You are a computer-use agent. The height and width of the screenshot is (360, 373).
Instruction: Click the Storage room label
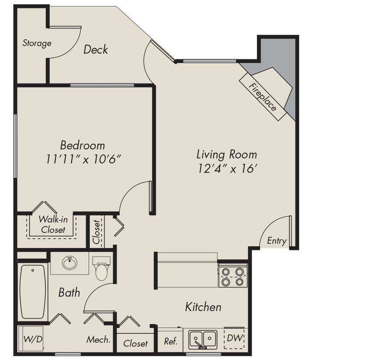coord(37,43)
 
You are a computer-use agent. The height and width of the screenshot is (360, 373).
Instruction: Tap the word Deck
coord(96,49)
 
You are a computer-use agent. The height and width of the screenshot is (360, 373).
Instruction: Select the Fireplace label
coord(262,97)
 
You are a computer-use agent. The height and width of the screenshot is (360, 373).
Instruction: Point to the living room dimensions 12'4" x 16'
coord(227,168)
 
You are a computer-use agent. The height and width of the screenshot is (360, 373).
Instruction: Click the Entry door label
coord(277,241)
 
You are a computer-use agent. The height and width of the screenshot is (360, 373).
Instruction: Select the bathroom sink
coord(70,262)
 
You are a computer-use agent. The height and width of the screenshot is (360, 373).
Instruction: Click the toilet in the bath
coord(102,268)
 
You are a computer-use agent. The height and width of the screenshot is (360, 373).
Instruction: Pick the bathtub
coord(33,291)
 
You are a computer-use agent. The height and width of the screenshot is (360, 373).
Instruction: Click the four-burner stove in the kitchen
coord(233,276)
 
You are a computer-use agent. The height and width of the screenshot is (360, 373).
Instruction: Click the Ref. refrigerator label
coord(171,342)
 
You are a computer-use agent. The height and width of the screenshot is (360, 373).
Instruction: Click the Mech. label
coord(99,340)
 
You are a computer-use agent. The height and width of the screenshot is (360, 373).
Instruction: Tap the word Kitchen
coord(203,307)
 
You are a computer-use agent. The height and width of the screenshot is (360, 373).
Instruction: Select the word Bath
coord(69,293)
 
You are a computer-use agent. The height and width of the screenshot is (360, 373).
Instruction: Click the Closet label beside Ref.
coord(136,343)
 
